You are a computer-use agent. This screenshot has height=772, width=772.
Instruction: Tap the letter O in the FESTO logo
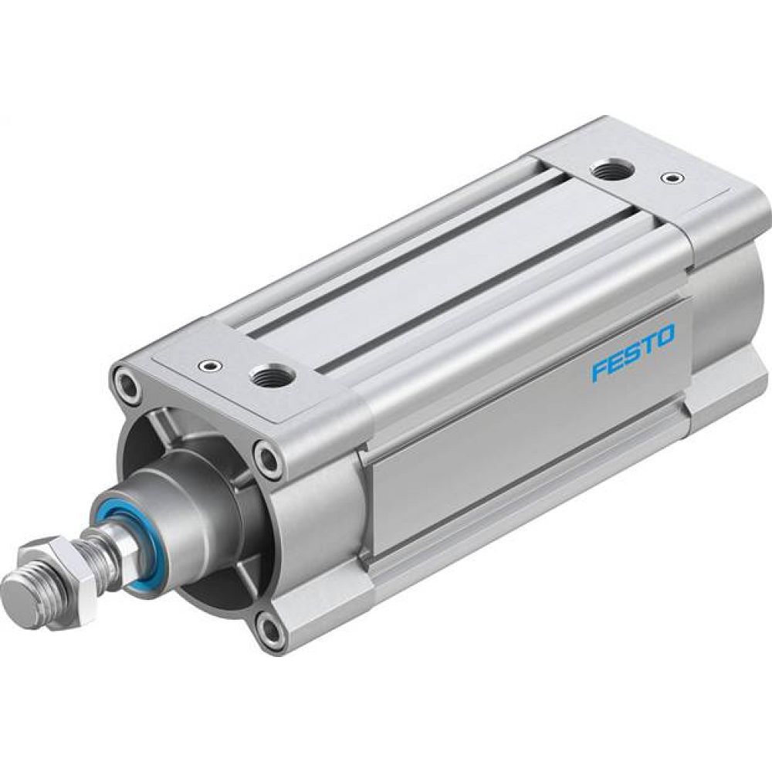665,334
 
